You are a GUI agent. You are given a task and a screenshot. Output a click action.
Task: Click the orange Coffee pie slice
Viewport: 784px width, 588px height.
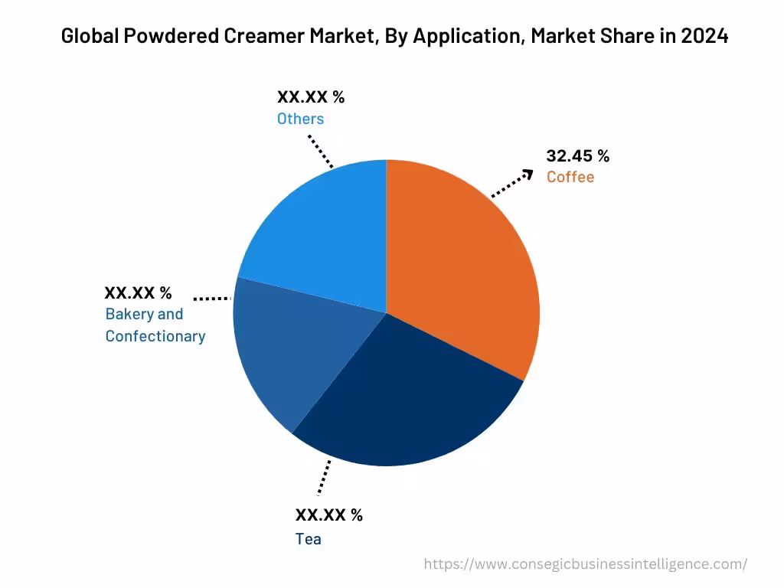(467, 268)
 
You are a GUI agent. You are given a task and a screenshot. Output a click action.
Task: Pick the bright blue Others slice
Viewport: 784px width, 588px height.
(322, 230)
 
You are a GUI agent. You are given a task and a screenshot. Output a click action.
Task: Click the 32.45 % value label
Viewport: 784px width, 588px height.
(577, 156)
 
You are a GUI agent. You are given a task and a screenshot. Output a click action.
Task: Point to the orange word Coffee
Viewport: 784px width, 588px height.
(570, 178)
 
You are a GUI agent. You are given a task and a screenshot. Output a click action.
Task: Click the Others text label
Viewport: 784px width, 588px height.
(300, 119)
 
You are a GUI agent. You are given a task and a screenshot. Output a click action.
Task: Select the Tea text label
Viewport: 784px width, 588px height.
(309, 539)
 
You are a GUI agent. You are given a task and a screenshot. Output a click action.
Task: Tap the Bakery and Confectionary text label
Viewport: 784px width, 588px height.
(155, 325)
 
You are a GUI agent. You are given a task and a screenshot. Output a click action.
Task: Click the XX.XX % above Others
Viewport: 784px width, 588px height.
(311, 97)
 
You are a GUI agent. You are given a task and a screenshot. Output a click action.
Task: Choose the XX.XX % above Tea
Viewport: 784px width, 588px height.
(329, 515)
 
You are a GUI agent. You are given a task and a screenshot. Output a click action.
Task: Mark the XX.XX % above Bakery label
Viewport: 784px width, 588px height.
(138, 292)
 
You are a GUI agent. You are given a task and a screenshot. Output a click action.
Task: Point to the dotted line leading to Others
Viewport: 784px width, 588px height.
(321, 152)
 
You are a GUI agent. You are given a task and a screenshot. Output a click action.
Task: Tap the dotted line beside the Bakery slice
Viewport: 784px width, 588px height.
(212, 298)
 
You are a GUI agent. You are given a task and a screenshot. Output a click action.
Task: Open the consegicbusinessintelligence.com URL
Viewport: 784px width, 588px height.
(585, 564)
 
